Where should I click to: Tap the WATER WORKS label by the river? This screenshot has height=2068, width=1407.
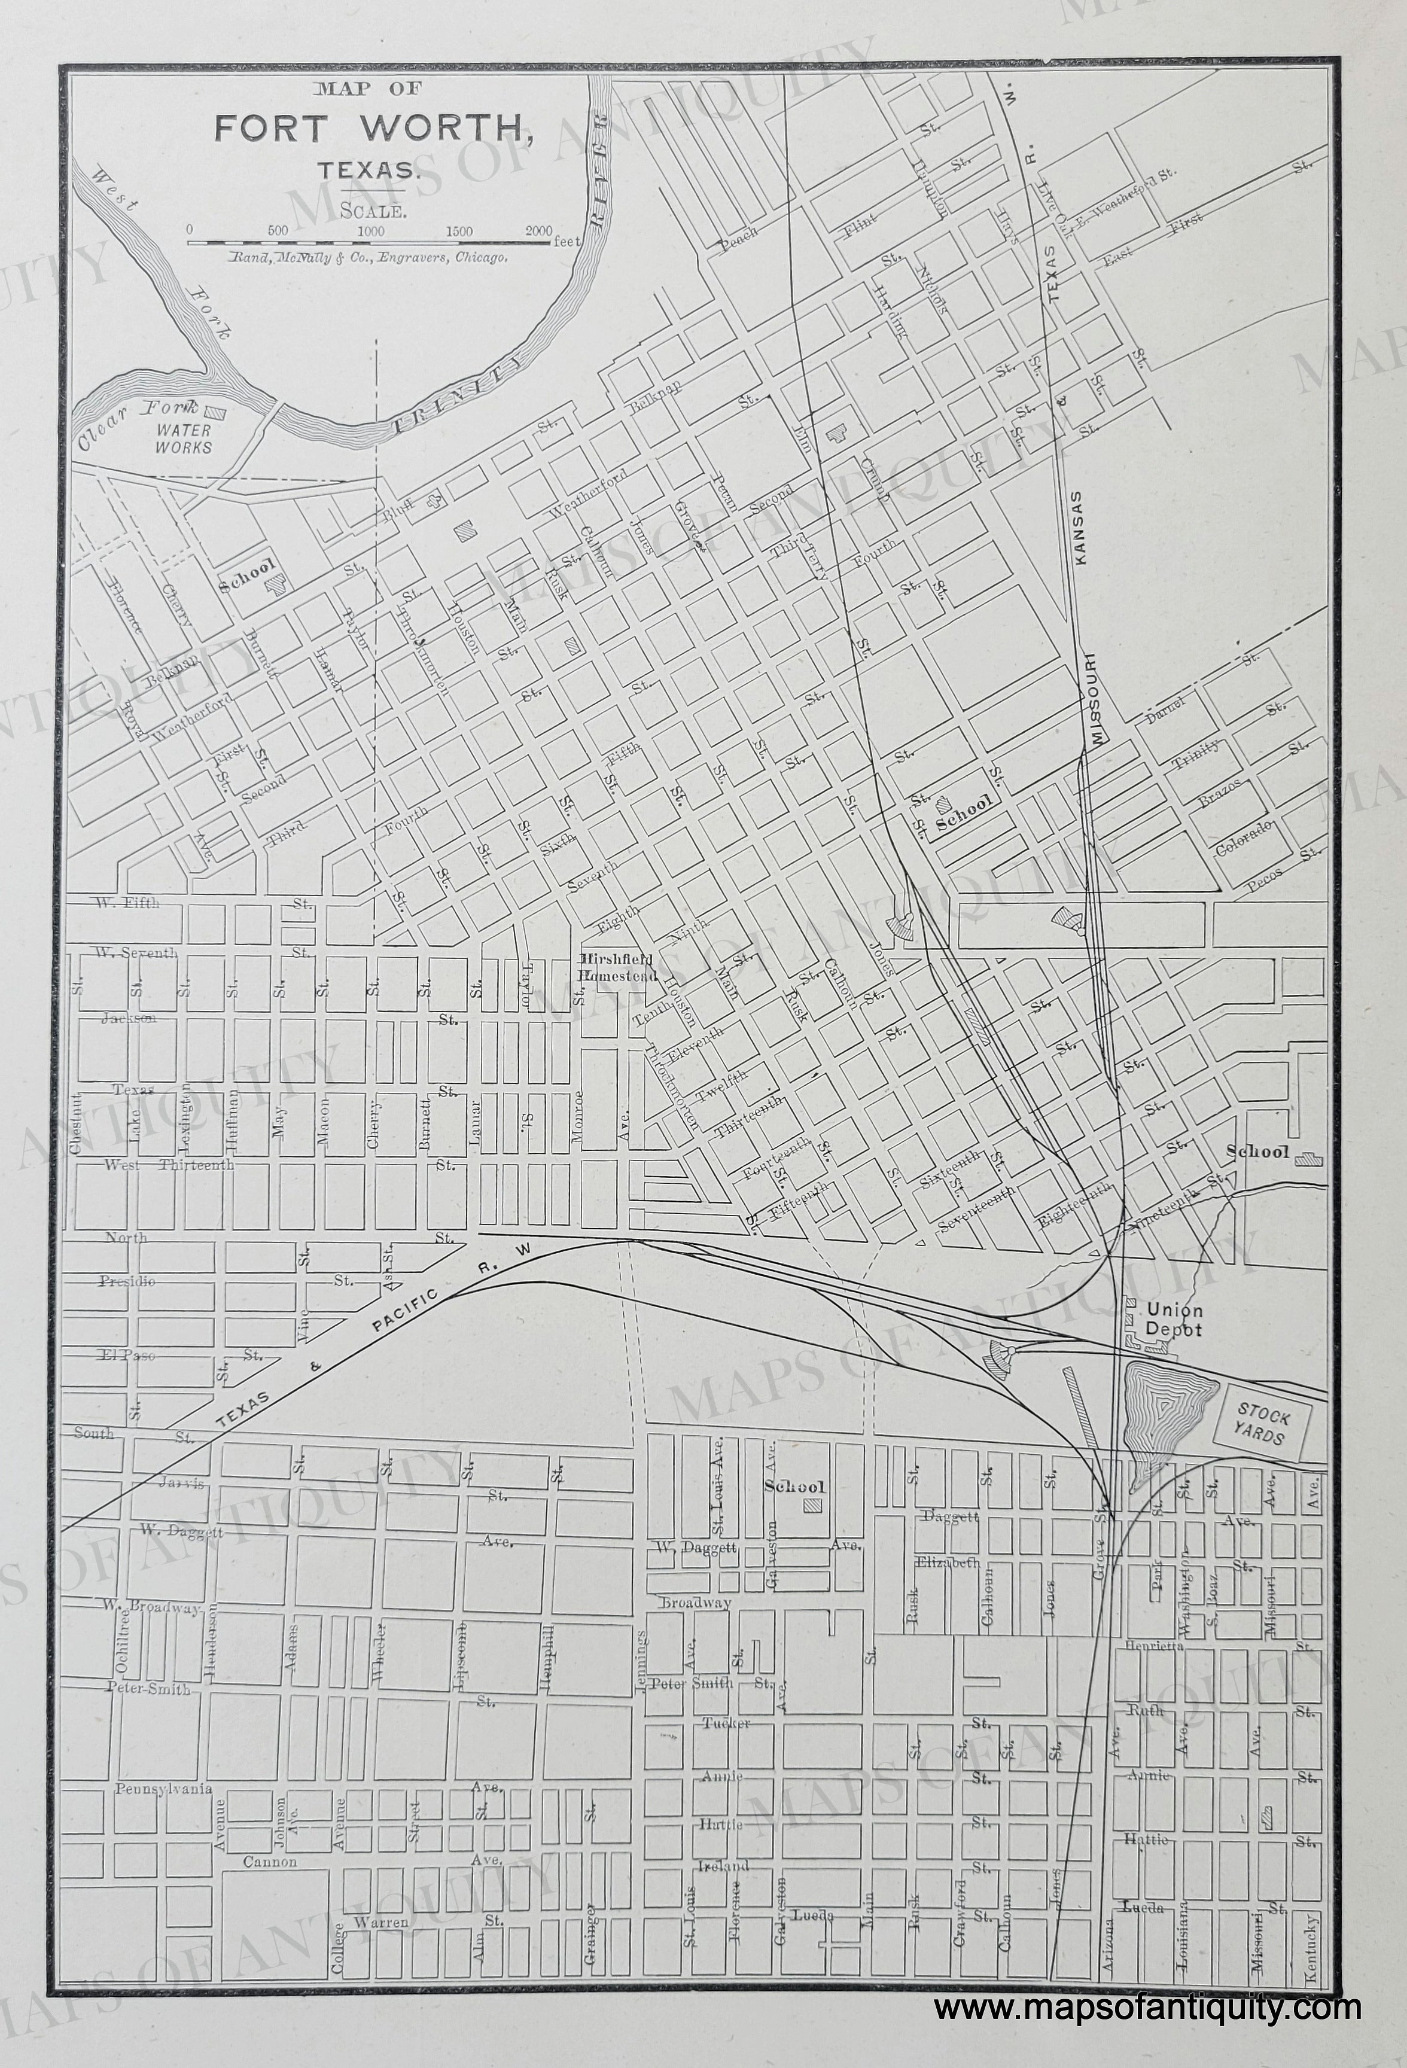184,438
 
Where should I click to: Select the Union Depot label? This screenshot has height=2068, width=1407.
1174,1320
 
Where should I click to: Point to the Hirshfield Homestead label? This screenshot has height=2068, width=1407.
617,967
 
